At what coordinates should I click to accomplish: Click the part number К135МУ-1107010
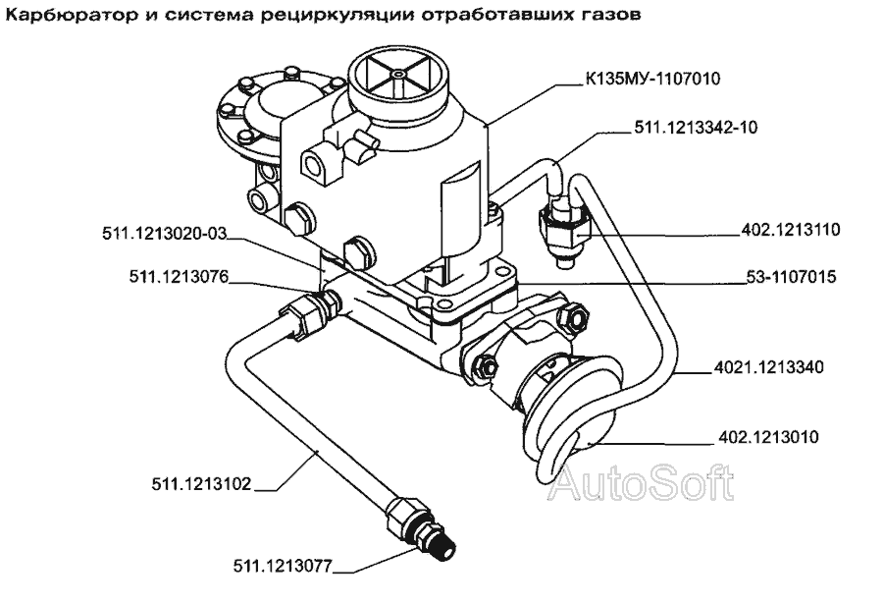click(x=652, y=79)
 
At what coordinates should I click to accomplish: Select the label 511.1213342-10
click(x=696, y=128)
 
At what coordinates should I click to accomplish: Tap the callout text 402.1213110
click(x=790, y=230)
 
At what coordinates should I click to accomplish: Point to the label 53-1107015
click(x=791, y=277)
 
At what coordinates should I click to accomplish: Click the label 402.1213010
click(x=768, y=437)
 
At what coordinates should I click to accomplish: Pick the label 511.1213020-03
click(x=164, y=233)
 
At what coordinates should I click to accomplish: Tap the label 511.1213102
click(x=201, y=484)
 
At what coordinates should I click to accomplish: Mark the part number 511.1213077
click(x=284, y=566)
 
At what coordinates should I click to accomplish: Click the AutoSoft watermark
click(x=642, y=483)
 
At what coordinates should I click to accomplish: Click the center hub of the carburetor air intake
click(x=398, y=75)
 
